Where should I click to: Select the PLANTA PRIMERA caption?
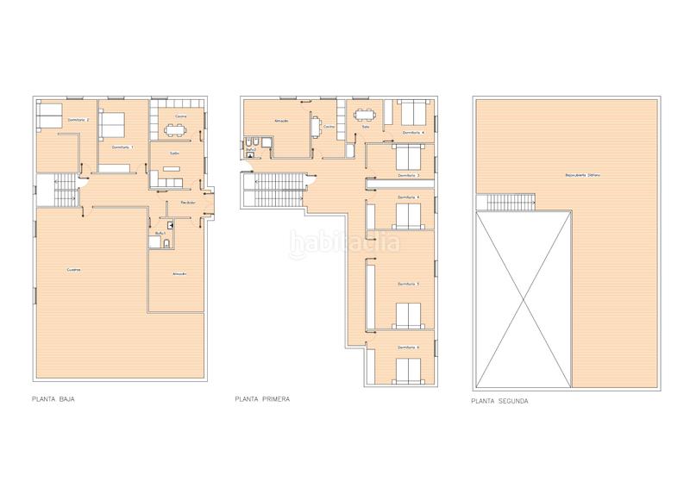tap(261, 400)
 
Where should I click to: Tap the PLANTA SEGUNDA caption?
tap(499, 401)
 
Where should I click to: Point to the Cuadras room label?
tap(74, 271)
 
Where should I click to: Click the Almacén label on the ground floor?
tap(179, 274)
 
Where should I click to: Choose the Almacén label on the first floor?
tap(281, 122)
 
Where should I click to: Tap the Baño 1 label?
tap(160, 233)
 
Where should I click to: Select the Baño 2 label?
tap(251, 150)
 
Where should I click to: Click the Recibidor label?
tap(187, 203)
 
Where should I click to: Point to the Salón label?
tap(174, 153)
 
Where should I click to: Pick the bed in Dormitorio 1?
tap(113, 127)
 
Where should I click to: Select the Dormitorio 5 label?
tap(409, 284)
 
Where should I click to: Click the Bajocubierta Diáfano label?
tap(582, 176)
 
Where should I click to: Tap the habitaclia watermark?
tap(344, 243)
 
